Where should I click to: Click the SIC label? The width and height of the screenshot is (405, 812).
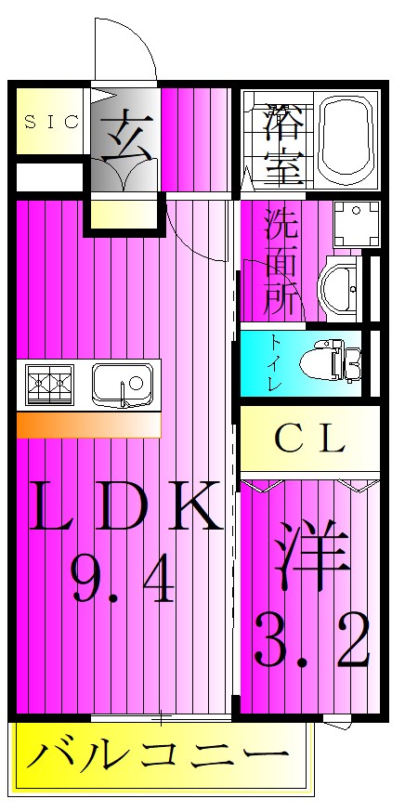tap(51, 121)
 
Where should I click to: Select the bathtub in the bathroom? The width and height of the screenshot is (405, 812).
tap(346, 139)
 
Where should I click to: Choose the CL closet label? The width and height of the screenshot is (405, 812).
tap(309, 439)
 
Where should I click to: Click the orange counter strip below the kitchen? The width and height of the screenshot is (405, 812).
tap(88, 425)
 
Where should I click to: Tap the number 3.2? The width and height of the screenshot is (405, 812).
tap(311, 641)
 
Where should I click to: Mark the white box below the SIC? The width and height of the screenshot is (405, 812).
tap(51, 176)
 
